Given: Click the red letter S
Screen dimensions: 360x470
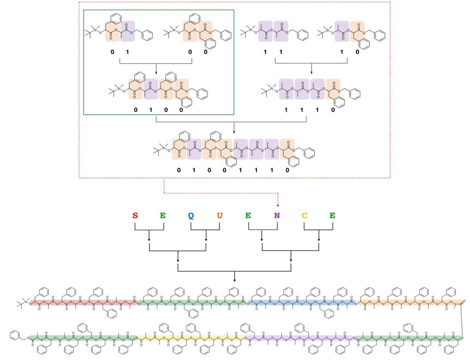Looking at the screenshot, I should (x=135, y=215).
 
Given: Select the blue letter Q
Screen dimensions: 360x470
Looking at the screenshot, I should (x=191, y=215).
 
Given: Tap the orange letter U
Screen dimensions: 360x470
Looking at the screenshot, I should (x=219, y=215).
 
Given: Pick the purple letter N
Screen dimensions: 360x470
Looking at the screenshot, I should (x=277, y=215).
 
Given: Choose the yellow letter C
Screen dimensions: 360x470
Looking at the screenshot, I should (x=305, y=215).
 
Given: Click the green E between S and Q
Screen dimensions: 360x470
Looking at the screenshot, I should (x=163, y=215).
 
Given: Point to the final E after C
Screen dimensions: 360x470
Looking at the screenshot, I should (x=332, y=215).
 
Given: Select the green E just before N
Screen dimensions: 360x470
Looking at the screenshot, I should (x=248, y=215).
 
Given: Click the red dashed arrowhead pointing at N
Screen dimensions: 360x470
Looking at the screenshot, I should (x=277, y=205).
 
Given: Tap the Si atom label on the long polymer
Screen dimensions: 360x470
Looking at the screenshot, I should (x=26, y=300).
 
